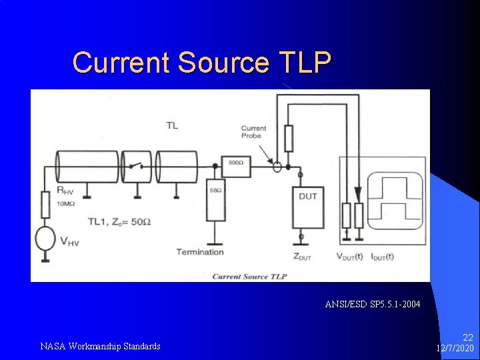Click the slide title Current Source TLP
pos(201,62)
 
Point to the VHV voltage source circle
pos(45,239)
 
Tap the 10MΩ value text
pos(67,203)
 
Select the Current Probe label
pos(253,132)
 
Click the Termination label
pos(199,252)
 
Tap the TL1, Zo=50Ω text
pos(119,221)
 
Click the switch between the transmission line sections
pos(137,166)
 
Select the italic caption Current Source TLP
pos(249,276)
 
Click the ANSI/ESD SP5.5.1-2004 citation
pos(373,305)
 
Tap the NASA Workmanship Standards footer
pos(100,346)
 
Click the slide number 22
pos(467,339)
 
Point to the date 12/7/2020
pos(455,349)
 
